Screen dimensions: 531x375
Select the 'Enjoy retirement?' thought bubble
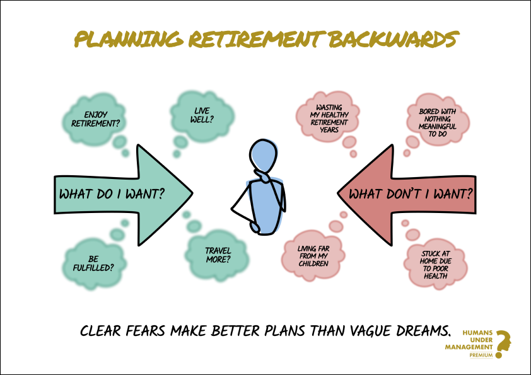tap(95, 118)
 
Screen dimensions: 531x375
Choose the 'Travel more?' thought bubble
tap(217, 255)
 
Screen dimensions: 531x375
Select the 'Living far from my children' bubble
tap(313, 256)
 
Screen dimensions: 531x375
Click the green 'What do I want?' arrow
tap(120, 193)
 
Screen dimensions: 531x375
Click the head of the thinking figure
tap(266, 156)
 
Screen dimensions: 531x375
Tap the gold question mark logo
tap(503, 343)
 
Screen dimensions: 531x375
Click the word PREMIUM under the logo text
tap(481, 355)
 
